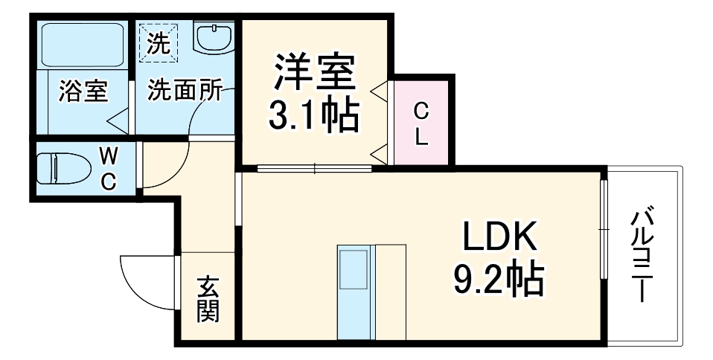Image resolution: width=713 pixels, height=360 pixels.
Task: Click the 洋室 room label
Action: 313,73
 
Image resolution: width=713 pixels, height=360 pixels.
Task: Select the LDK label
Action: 499,239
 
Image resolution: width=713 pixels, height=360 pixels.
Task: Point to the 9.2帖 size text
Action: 499,280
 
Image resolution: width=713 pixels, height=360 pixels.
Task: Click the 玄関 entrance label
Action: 208,299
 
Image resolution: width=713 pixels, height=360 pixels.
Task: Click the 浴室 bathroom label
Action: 83,91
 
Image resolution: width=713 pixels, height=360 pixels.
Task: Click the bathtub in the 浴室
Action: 82,45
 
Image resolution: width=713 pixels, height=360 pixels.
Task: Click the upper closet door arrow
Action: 380,93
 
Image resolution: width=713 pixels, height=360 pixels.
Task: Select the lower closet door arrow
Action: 380,155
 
